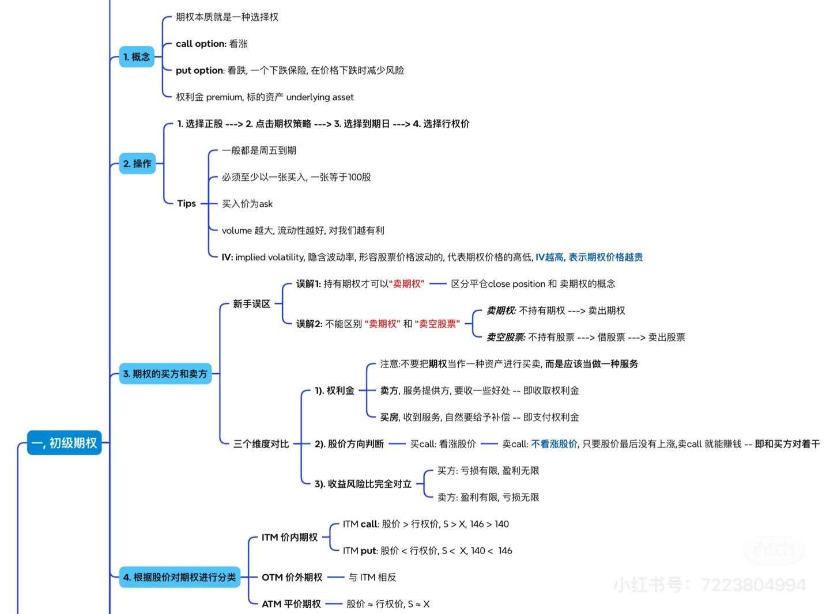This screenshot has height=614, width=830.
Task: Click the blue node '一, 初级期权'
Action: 64,443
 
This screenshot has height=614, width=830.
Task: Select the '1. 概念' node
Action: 137,56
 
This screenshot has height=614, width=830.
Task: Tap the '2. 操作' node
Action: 137,164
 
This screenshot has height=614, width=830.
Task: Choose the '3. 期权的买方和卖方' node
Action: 165,374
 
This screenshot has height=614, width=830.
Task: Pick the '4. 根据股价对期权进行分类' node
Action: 179,577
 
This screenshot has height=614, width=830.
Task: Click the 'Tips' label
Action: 186,203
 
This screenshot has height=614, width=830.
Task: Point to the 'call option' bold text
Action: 201,44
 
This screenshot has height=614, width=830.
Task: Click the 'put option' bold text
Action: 199,70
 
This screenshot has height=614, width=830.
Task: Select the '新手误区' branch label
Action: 251,304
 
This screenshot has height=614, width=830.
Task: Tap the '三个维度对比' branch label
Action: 261,444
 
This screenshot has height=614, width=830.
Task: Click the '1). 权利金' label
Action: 334,391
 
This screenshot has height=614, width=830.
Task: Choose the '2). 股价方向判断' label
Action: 349,444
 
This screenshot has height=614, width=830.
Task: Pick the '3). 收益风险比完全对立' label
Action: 363,484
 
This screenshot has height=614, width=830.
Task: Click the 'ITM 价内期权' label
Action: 289,537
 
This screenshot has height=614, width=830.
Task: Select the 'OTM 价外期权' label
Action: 292,577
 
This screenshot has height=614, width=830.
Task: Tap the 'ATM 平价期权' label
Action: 291,604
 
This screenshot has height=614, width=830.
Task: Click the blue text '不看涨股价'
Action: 554,444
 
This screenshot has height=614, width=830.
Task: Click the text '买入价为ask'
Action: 247,204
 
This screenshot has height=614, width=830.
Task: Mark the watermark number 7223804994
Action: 753,585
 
